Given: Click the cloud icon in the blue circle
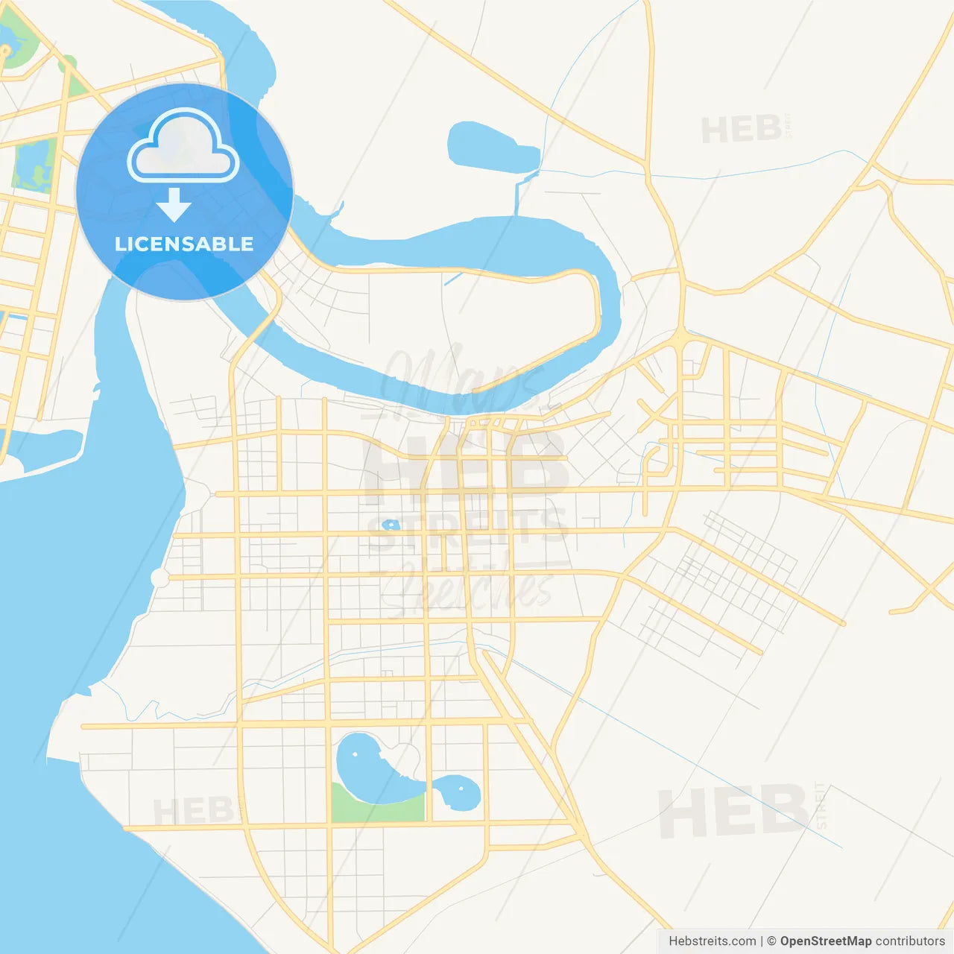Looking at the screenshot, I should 183,146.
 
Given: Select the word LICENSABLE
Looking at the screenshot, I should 184,244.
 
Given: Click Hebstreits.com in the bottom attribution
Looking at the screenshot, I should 712,941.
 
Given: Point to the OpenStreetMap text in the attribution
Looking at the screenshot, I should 825,941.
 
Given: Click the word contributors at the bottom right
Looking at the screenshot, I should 909,941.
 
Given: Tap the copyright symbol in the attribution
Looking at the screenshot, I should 771,941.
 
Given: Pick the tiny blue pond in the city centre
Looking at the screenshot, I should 391,525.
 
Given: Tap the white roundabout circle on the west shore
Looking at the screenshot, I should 159,578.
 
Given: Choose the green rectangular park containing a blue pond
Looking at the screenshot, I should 34,165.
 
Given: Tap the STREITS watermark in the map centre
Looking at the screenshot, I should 468,529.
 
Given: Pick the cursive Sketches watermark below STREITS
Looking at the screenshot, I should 468,589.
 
